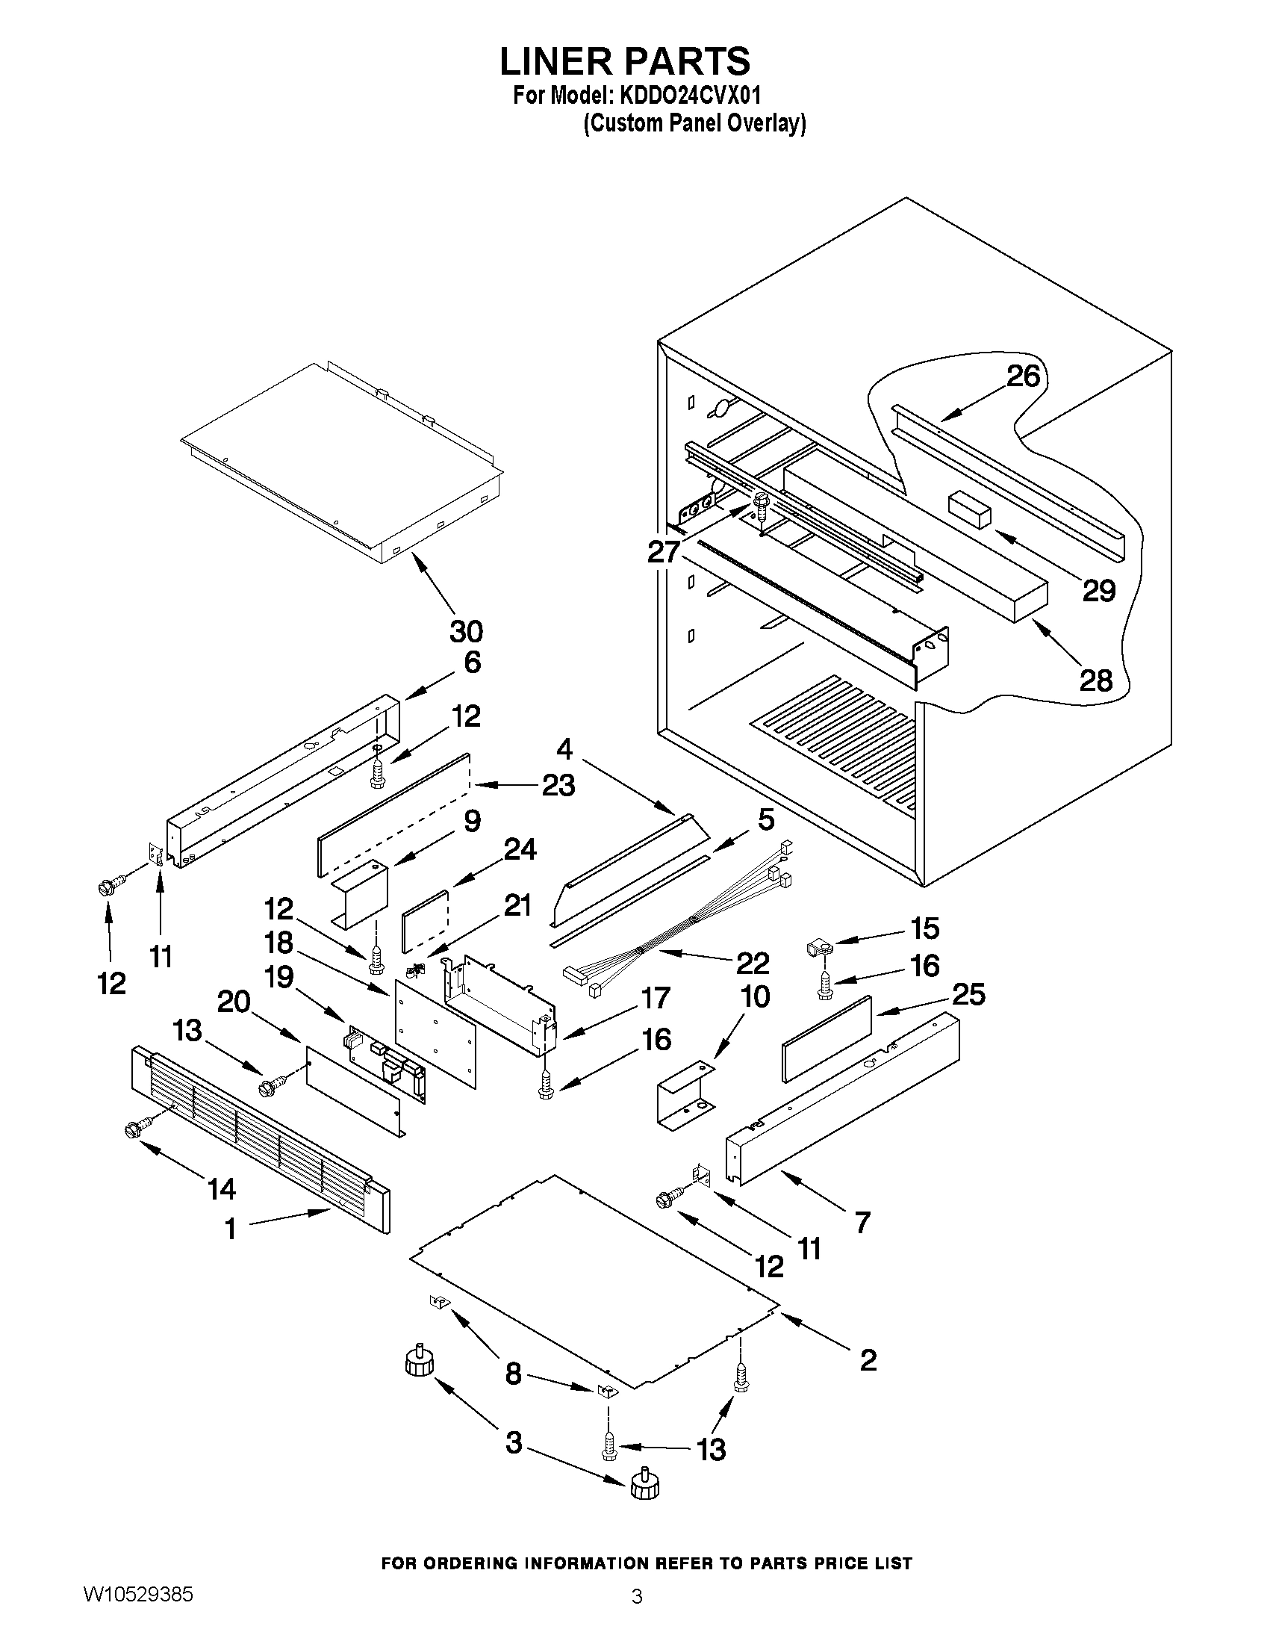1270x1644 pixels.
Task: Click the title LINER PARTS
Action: click(x=624, y=62)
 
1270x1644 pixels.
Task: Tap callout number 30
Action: click(x=466, y=631)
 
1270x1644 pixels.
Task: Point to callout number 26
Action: click(x=1023, y=376)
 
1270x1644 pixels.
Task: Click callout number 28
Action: click(x=1095, y=680)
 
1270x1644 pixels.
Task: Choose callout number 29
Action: click(x=1098, y=591)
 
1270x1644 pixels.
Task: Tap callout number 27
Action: click(x=664, y=552)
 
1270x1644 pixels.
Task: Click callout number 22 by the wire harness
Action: click(x=753, y=963)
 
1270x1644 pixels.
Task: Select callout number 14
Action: click(x=221, y=1189)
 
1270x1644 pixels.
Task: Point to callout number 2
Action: click(x=868, y=1359)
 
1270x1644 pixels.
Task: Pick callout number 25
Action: click(x=968, y=994)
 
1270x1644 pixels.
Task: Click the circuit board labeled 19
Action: click(x=385, y=1063)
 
